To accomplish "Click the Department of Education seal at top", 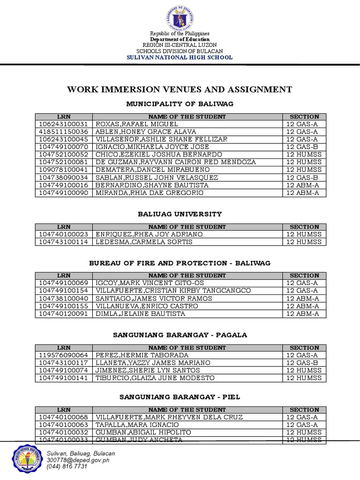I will [180, 18].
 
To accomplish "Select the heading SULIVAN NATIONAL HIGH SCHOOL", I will [180, 58].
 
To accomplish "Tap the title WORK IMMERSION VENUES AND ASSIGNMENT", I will [180, 89].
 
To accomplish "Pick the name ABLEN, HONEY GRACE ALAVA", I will [146, 132].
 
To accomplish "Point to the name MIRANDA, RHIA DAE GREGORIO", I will [150, 193].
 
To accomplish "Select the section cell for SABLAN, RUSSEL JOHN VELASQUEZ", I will [302, 177].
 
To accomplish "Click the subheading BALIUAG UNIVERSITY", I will [180, 214].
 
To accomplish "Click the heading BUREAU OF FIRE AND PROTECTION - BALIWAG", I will [180, 263].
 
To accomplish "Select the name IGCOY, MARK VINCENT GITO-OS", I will [150, 283].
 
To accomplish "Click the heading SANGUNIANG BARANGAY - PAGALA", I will [180, 335].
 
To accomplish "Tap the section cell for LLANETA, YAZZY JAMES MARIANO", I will [302, 363].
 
